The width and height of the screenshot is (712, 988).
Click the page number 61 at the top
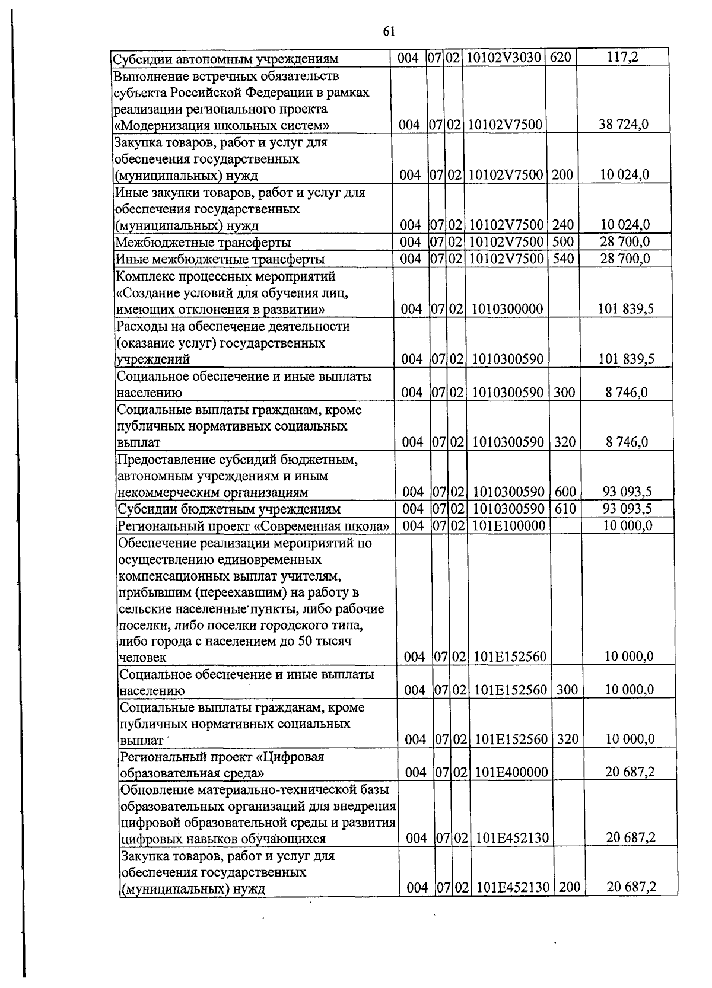[x=390, y=31]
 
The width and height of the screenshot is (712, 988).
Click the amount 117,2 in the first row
[x=623, y=58]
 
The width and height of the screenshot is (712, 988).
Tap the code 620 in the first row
[x=560, y=58]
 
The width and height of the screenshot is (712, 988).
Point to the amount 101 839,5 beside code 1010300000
[x=627, y=308]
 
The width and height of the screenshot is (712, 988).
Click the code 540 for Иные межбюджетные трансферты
[x=563, y=259]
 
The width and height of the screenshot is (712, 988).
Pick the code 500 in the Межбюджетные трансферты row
[x=563, y=242]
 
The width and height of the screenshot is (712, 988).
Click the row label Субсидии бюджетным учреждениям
[x=229, y=509]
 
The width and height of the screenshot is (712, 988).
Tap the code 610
[x=564, y=509]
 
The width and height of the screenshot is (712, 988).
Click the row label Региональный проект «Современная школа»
[x=253, y=526]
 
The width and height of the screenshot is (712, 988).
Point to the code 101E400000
[x=511, y=772]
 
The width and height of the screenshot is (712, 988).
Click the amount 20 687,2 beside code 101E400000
[x=630, y=772]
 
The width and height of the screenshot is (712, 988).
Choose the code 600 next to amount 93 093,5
[x=564, y=492]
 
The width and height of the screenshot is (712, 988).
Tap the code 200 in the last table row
[x=570, y=888]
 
